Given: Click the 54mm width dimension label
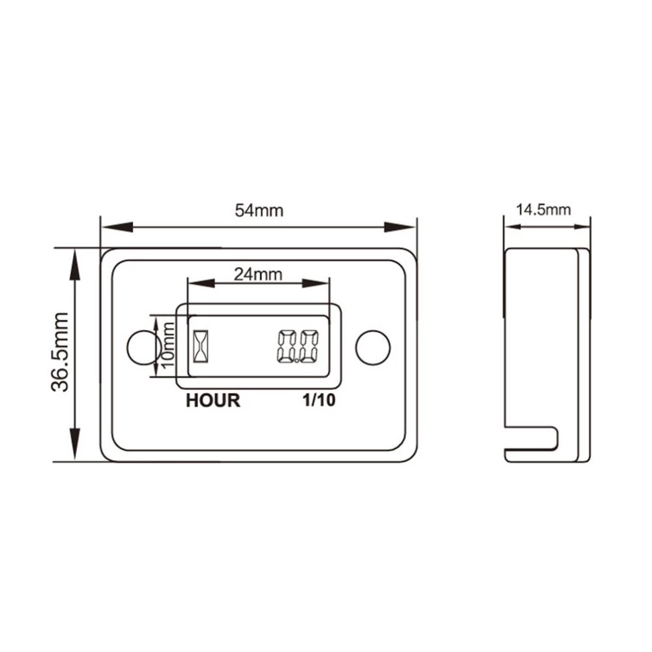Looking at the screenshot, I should click(x=259, y=211).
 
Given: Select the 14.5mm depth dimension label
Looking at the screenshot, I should click(x=543, y=210).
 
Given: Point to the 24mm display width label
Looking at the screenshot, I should click(x=258, y=274).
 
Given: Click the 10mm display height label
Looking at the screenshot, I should click(x=168, y=346).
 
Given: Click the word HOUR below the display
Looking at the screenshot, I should click(x=213, y=400).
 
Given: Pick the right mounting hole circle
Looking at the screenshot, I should click(x=373, y=348).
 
